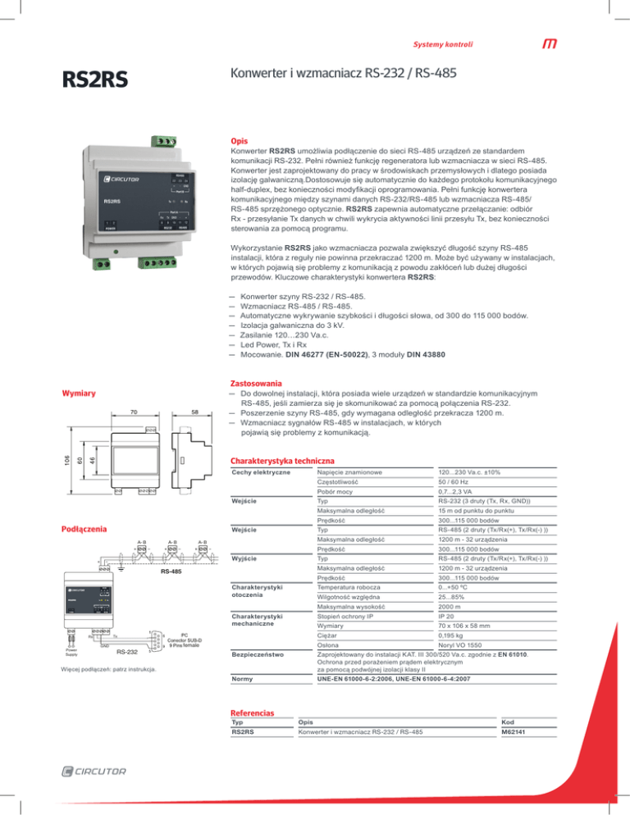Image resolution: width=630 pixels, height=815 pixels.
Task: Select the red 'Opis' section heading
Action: coord(239,141)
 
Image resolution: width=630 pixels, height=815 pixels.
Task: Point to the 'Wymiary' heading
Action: coord(75,394)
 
